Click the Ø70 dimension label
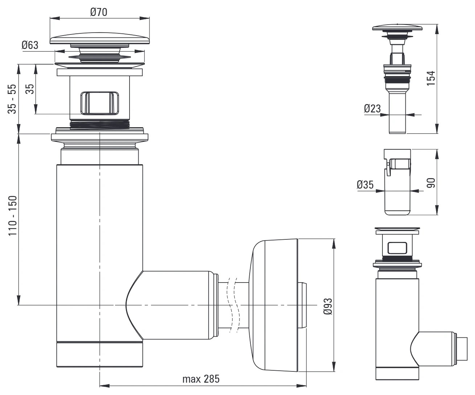(x=98, y=12)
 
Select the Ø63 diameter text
(x=30, y=45)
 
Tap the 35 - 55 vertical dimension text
(x=12, y=99)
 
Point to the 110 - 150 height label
(x=13, y=215)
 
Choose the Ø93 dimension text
(x=328, y=306)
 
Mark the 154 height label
(x=431, y=78)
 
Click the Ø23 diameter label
(x=372, y=108)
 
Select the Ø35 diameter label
(x=365, y=185)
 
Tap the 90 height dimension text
(x=431, y=183)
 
